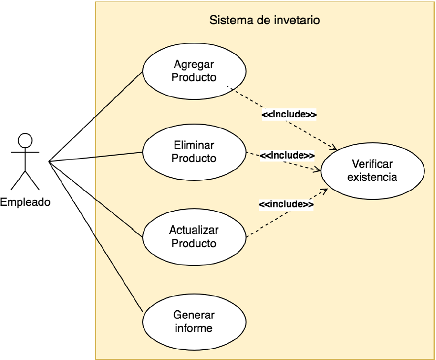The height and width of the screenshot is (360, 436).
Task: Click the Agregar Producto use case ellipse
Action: [x=194, y=71]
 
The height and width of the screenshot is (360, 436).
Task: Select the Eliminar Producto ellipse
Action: [x=194, y=152]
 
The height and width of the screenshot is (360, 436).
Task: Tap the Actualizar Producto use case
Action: [x=194, y=237]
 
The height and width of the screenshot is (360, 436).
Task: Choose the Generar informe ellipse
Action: [x=194, y=322]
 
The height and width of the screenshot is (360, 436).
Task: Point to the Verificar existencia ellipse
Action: [x=372, y=170]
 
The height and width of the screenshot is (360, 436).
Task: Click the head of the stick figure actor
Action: [x=25, y=140]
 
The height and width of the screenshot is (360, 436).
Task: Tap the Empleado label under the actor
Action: [x=25, y=201]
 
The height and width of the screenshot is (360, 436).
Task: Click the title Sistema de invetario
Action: [x=265, y=20]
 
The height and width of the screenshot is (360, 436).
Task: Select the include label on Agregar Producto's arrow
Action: [x=289, y=115]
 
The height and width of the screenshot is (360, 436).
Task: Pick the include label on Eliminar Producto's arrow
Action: [x=287, y=155]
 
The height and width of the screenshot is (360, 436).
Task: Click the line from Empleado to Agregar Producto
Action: [x=96, y=116]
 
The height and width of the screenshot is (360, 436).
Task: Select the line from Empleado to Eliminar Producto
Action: [x=96, y=157]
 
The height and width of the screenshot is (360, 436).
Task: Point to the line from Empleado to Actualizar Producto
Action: [x=96, y=197]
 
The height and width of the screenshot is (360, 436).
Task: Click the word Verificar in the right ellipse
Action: [x=372, y=164]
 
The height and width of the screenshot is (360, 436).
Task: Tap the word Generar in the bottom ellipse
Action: [x=194, y=315]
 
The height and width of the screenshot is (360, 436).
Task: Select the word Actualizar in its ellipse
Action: [x=194, y=230]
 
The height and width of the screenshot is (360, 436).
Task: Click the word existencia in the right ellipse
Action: [x=372, y=177]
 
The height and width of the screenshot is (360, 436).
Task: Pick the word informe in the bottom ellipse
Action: [x=194, y=328]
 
